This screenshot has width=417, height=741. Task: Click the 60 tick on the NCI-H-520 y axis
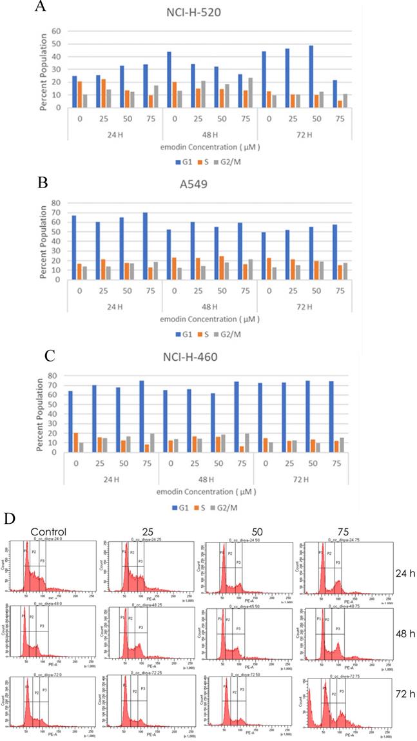coord(56,32)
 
